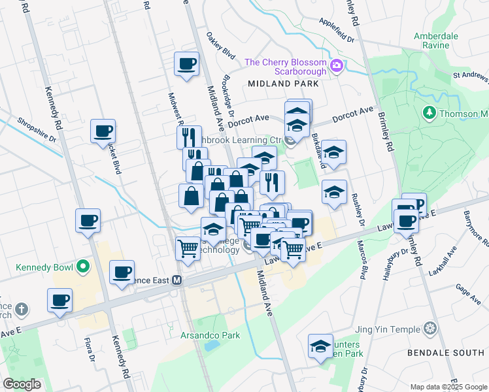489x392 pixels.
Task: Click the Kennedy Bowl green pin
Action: (82, 267)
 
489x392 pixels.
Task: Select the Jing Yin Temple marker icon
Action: (430, 327)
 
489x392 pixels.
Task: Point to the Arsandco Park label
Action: (210, 336)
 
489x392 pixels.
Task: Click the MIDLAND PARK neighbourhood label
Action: (283, 84)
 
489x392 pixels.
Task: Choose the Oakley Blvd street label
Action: (220, 44)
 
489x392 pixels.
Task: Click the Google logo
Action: (22, 384)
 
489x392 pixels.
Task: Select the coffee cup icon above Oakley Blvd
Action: (187, 64)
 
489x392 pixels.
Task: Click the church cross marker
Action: (21, 308)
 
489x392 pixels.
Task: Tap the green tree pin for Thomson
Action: (429, 113)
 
